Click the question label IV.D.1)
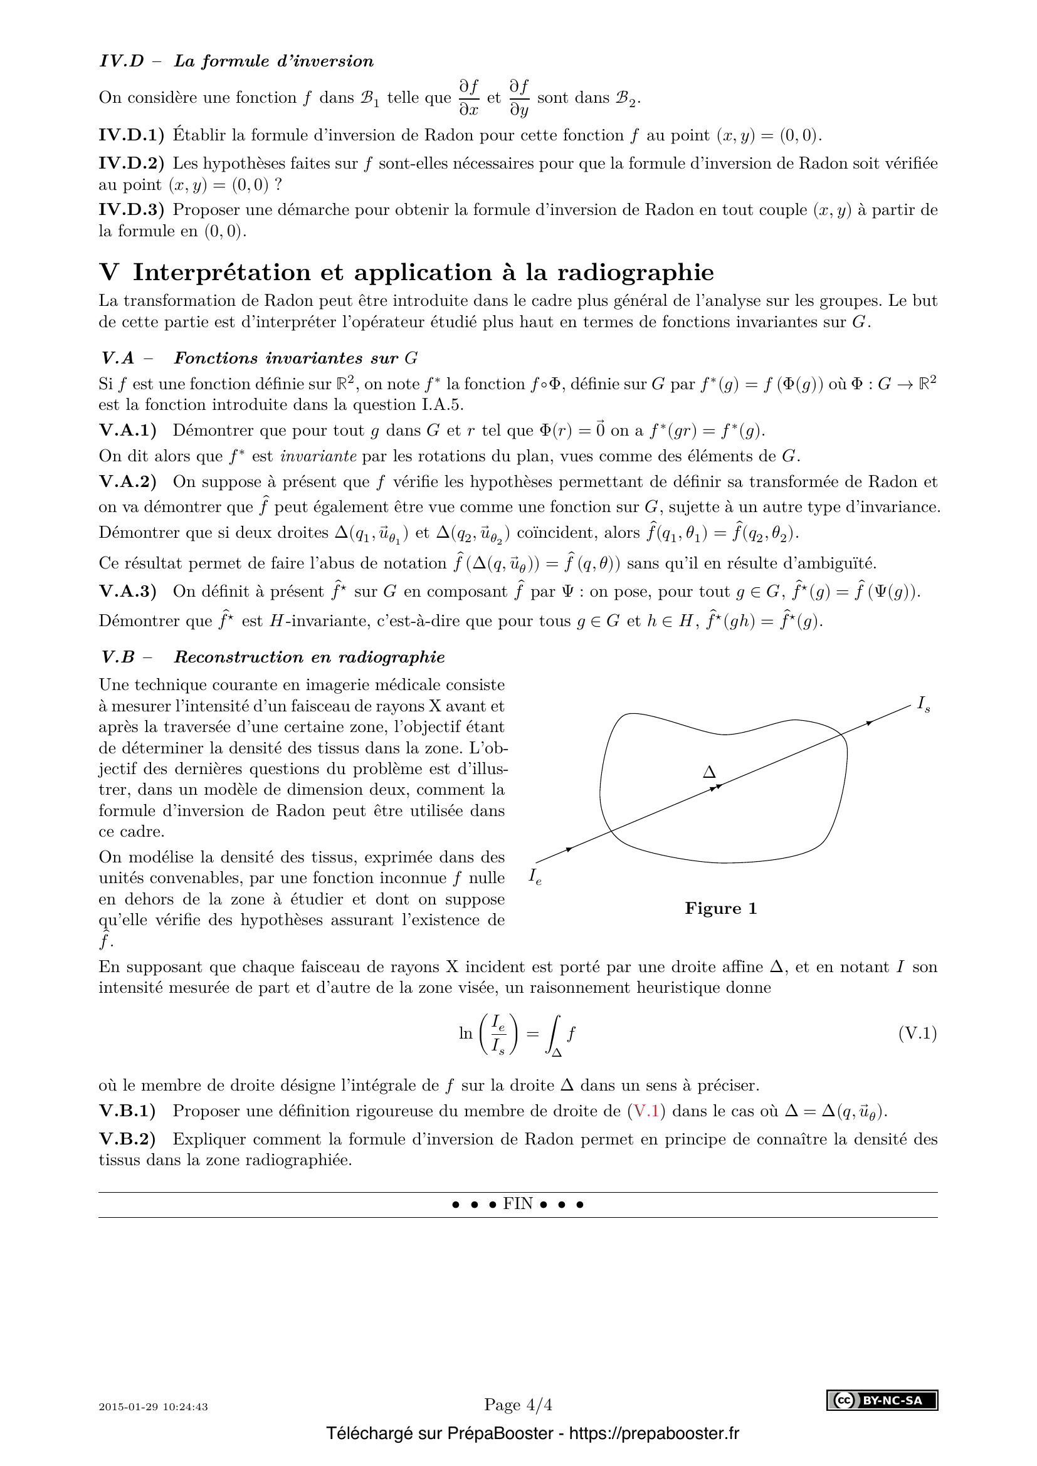click(131, 135)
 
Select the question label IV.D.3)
click(131, 210)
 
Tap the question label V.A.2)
click(128, 481)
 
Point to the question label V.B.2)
click(128, 1139)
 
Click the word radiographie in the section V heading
click(635, 273)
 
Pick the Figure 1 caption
click(720, 909)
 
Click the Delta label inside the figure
click(709, 773)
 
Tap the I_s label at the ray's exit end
click(924, 705)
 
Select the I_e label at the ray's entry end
click(535, 877)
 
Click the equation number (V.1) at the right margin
click(918, 1034)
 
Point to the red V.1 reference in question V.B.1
click(648, 1112)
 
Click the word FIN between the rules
click(518, 1203)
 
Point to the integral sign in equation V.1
click(554, 1034)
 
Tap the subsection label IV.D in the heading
click(122, 61)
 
